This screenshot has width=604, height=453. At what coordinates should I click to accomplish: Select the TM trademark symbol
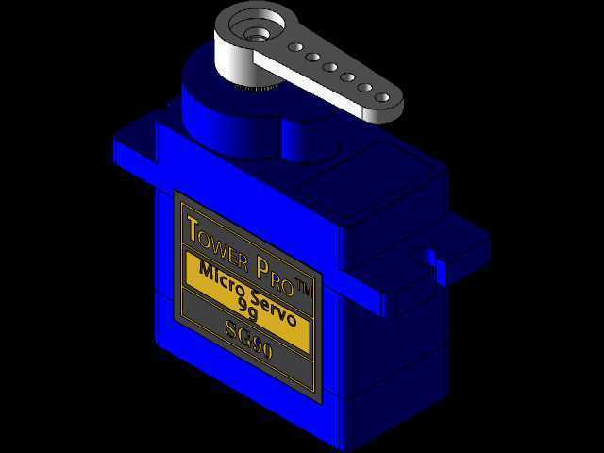click(x=303, y=287)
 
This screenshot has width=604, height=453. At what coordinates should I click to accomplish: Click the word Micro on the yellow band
click(x=224, y=278)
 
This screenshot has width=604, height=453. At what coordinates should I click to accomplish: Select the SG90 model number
click(x=249, y=341)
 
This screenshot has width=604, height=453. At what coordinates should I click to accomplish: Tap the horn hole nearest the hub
click(x=295, y=47)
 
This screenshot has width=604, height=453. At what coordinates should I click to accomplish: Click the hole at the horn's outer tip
click(x=381, y=97)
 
